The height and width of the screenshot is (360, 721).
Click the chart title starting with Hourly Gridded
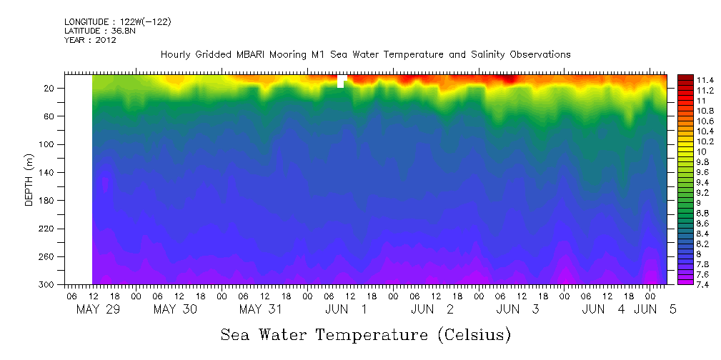coord(365,54)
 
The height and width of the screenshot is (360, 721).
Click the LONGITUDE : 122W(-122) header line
coord(117,22)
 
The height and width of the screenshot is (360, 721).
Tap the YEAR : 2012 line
coord(90,40)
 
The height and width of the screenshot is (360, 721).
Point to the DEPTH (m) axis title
coord(29,179)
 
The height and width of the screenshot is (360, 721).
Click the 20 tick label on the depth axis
coord(49,89)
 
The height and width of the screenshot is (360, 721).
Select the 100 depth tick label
coord(47,144)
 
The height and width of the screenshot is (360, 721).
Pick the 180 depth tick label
coord(47,201)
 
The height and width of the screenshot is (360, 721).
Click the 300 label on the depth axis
coord(47,285)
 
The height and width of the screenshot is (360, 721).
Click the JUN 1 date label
coord(347,309)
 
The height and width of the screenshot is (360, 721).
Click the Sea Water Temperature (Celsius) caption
coord(366,334)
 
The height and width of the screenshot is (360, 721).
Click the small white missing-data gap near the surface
coord(341,81)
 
